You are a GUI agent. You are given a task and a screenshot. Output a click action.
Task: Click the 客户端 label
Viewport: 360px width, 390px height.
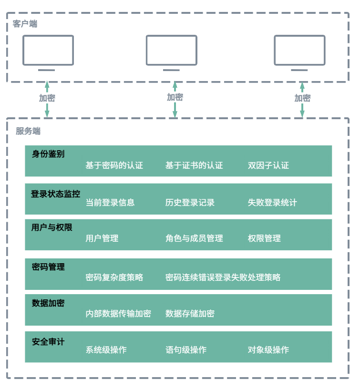click(25, 24)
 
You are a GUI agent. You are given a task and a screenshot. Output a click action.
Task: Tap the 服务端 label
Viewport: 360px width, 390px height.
click(28, 131)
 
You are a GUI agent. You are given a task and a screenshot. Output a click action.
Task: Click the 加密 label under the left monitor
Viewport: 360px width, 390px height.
click(47, 98)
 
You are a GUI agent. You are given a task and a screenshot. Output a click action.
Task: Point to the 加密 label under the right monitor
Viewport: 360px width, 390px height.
click(302, 98)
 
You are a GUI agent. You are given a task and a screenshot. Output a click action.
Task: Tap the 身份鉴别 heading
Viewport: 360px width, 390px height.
click(48, 154)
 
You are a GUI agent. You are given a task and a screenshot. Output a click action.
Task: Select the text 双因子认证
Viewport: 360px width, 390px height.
click(268, 165)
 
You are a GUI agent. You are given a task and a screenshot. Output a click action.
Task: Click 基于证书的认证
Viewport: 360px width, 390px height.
click(194, 165)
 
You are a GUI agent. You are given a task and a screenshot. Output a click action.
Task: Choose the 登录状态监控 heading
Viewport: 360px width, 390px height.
click(55, 194)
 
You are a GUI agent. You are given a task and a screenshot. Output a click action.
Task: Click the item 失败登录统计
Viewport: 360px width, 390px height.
click(272, 203)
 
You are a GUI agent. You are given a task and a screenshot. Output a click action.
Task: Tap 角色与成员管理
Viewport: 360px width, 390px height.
click(194, 238)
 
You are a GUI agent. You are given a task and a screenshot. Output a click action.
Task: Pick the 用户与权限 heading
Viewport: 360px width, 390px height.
click(52, 227)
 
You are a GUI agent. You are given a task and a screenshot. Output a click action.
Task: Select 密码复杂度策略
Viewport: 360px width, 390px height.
click(114, 277)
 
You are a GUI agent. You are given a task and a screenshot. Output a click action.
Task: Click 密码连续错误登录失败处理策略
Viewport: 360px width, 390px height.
click(223, 277)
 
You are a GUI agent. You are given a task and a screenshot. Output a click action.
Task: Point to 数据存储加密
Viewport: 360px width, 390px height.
click(190, 313)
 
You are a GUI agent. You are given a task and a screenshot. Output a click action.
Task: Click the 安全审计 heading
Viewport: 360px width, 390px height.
click(48, 341)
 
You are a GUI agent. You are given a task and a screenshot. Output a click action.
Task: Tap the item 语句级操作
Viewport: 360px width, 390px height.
click(186, 349)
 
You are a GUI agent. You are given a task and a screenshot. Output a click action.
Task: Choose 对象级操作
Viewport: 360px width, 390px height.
click(268, 349)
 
